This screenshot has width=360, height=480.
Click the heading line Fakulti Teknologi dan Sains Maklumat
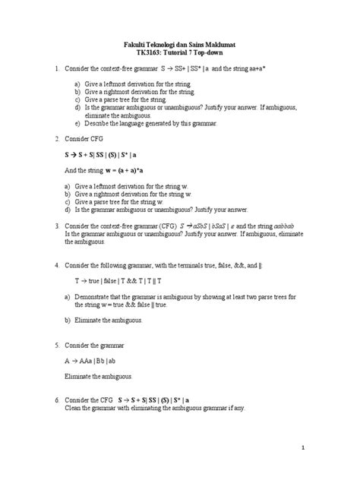click(x=180, y=45)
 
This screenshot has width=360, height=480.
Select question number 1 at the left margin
click(x=57, y=69)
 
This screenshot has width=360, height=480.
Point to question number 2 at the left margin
click(x=57, y=140)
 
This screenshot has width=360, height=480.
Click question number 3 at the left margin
click(x=57, y=227)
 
